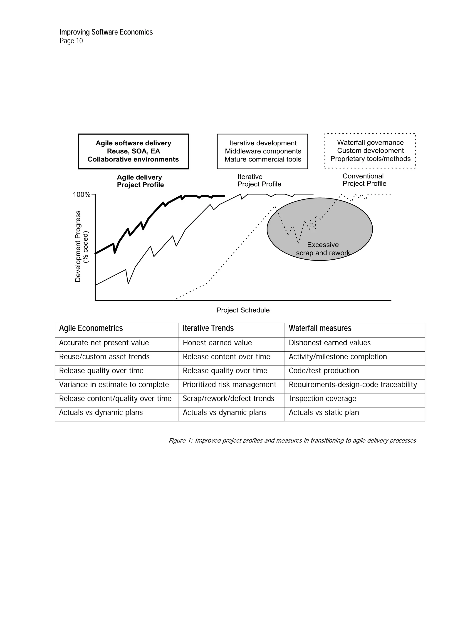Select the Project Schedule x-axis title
pos(243,310)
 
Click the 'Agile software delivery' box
pos(133,151)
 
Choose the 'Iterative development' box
pos(262,151)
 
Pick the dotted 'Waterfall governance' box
pos(370,151)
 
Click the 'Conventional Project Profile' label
pos(364,180)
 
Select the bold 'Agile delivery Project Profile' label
pos(140,181)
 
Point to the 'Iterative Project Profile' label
pos(259,180)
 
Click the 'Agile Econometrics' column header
pos(91,328)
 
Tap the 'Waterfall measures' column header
pos(320,328)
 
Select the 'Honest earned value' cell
pos(217,343)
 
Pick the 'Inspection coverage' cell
pos(322,399)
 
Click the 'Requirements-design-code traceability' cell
pos(353,385)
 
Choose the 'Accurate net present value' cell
pos(104,343)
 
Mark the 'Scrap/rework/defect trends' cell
pos(228,399)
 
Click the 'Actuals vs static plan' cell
pos(324,413)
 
